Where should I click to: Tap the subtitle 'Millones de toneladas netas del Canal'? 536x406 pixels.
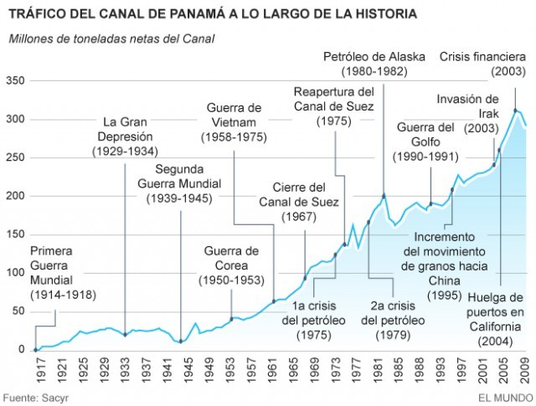111,39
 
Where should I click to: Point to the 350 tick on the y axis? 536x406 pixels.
16,81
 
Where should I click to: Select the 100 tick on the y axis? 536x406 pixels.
16,273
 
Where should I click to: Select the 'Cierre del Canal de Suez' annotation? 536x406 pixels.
305,202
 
